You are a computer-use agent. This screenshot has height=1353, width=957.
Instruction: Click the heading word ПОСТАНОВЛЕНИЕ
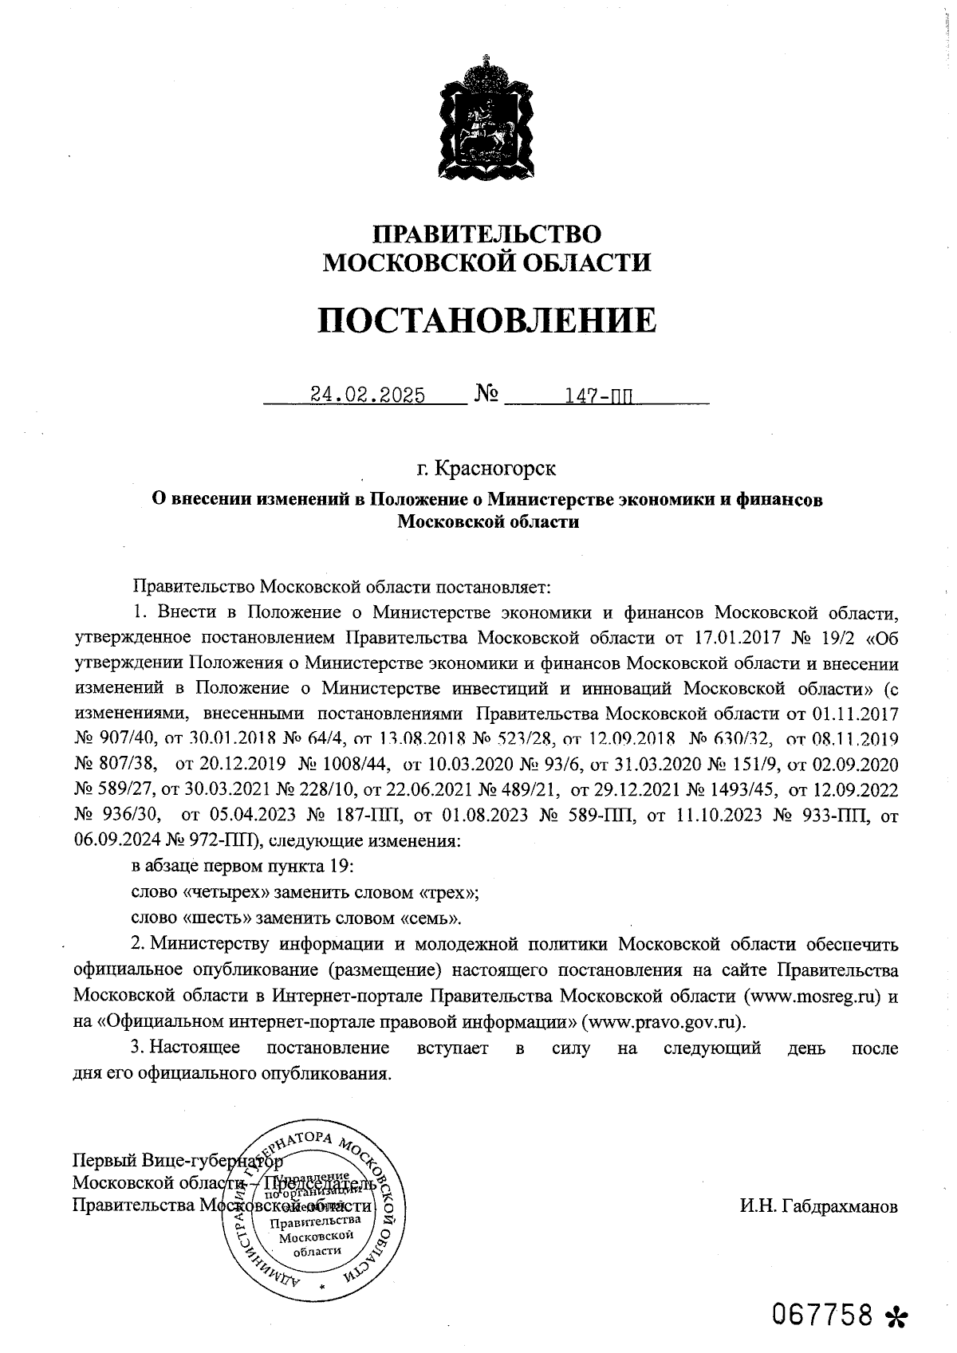pos(487,321)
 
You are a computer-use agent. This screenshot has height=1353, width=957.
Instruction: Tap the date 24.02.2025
pos(368,395)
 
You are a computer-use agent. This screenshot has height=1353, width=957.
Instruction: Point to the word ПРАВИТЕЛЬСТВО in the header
pos(486,234)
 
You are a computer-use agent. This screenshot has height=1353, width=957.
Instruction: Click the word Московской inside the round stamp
pos(317,1235)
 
